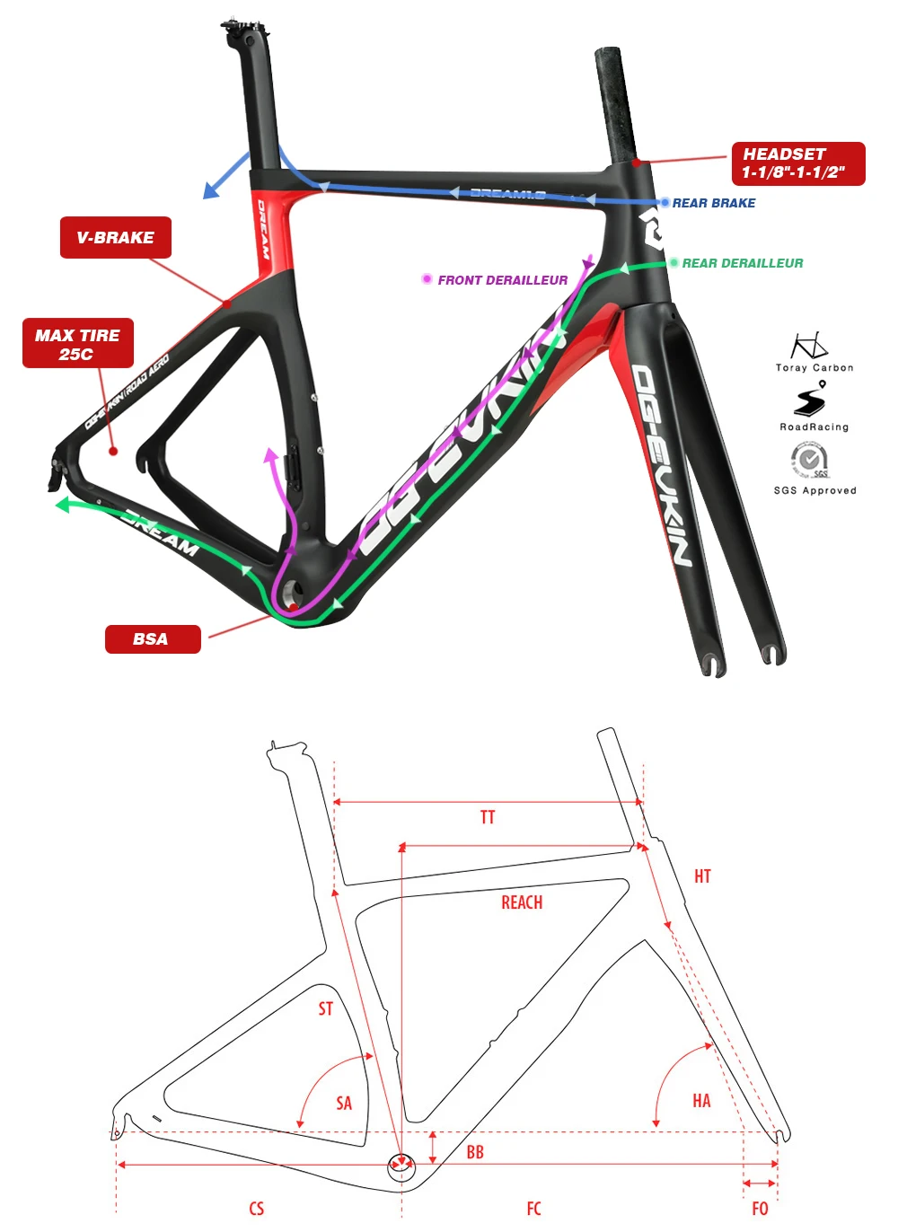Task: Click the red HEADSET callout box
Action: [797, 163]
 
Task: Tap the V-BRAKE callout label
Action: [115, 238]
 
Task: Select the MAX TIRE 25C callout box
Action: [77, 344]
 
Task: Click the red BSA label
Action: [152, 639]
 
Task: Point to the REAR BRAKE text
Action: [713, 203]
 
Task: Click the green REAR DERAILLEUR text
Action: [742, 263]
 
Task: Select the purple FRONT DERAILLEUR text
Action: [502, 280]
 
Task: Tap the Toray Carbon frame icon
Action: [809, 346]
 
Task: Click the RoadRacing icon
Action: [811, 399]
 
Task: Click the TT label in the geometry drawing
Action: [488, 817]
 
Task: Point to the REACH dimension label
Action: [522, 902]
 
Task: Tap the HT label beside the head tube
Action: [702, 876]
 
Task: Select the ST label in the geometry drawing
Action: [326, 1009]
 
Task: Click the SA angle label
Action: [344, 1104]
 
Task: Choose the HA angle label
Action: [701, 1101]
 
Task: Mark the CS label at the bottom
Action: [257, 1209]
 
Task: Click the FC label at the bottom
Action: [534, 1209]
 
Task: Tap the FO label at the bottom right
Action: [760, 1209]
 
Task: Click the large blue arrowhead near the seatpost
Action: [212, 189]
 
